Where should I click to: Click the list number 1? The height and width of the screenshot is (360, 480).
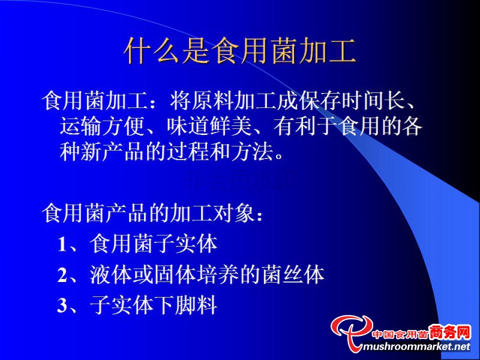tap(62, 244)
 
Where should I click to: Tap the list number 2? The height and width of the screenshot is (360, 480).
tap(62, 275)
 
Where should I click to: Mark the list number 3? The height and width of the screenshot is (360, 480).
tap(62, 305)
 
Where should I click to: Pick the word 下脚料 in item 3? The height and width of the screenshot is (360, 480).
tap(185, 305)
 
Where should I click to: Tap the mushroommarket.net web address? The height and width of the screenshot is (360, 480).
tap(415, 346)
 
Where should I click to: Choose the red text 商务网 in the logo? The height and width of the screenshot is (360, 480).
tap(449, 332)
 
